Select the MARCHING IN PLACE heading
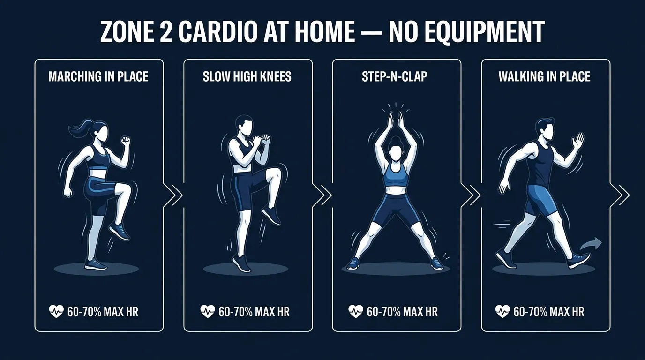[x=98, y=76]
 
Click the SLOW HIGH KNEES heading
[x=247, y=76]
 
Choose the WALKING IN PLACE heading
[x=544, y=76]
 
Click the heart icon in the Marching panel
[x=55, y=311]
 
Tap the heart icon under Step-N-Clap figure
[x=355, y=311]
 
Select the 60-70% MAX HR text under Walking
[x=549, y=311]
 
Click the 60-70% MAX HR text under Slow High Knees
[x=254, y=311]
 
